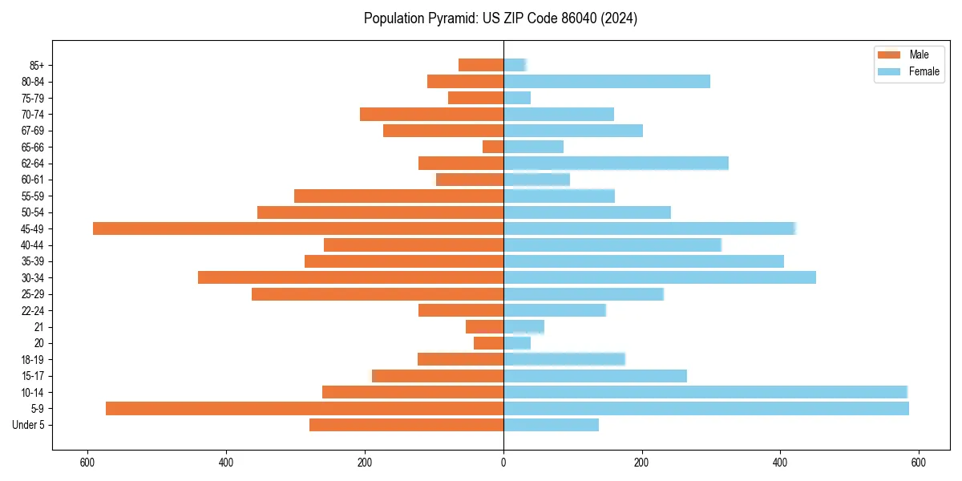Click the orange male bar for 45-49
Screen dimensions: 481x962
298,228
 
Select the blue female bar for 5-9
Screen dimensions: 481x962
706,408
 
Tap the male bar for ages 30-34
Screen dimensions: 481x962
350,277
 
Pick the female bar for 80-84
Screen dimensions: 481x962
607,81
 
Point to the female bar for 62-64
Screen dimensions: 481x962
616,163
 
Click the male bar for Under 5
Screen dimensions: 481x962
406,425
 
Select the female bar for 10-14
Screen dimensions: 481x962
705,392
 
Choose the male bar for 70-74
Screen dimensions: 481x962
431,114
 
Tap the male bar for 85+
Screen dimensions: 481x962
481,65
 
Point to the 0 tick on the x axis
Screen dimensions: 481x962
503,463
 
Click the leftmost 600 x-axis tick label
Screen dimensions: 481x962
87,463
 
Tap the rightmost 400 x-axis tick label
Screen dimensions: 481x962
780,463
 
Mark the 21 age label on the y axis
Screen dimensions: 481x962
38,327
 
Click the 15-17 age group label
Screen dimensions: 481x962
33,376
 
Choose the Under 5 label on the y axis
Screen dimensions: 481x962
29,425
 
